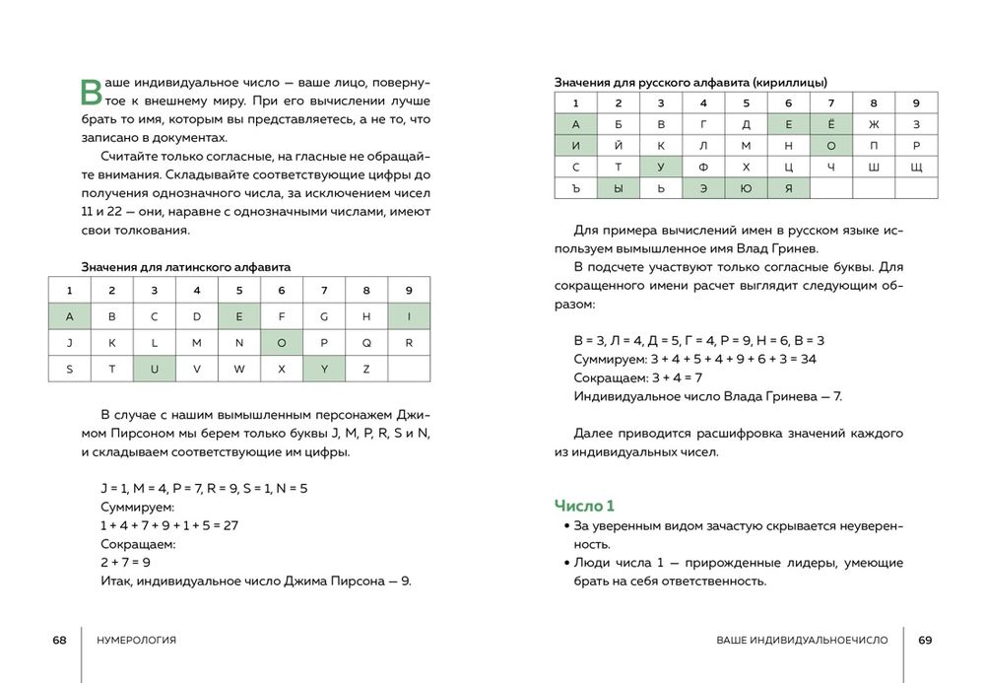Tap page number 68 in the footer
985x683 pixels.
point(59,640)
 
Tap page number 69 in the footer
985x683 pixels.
point(925,640)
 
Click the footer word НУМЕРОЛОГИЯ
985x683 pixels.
point(137,640)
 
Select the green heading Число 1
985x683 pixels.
point(584,506)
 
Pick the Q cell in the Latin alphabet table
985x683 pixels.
point(366,343)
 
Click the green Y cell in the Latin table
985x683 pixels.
point(324,370)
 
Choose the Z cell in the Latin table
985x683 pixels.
point(366,370)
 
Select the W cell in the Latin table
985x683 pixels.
point(239,370)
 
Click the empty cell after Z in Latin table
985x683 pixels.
point(409,370)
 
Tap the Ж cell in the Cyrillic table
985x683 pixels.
point(874,124)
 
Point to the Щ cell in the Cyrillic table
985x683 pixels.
point(916,168)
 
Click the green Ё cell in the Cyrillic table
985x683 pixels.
point(831,124)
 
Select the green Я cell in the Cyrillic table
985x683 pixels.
point(788,188)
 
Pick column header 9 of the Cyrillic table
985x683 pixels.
point(916,102)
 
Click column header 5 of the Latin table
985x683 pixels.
point(239,291)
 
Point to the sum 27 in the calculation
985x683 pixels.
point(230,525)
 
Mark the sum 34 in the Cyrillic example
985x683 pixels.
point(808,359)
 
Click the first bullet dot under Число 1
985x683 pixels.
point(566,527)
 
